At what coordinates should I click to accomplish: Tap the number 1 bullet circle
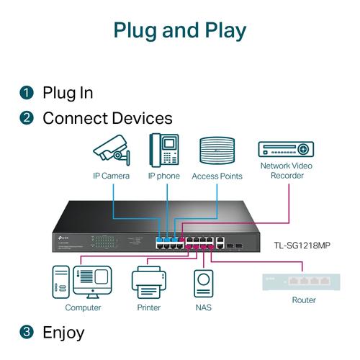point(27,93)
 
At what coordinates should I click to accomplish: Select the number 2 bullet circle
point(27,118)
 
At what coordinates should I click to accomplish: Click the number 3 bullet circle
point(27,332)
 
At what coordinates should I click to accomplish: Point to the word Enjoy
point(63,332)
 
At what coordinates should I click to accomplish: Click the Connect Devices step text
point(107,118)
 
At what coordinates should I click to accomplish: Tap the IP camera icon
point(111,150)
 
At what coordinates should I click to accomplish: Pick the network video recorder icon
point(287,149)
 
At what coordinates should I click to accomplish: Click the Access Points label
point(217,176)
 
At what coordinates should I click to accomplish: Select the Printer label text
point(148,308)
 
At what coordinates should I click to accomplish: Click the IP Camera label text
point(111,176)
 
